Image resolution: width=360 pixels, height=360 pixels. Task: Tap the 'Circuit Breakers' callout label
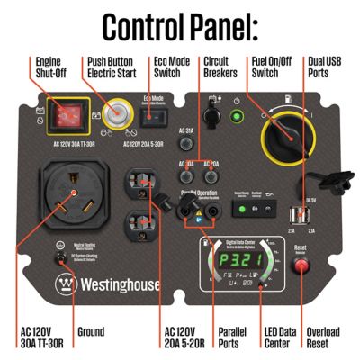(x=221, y=69)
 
